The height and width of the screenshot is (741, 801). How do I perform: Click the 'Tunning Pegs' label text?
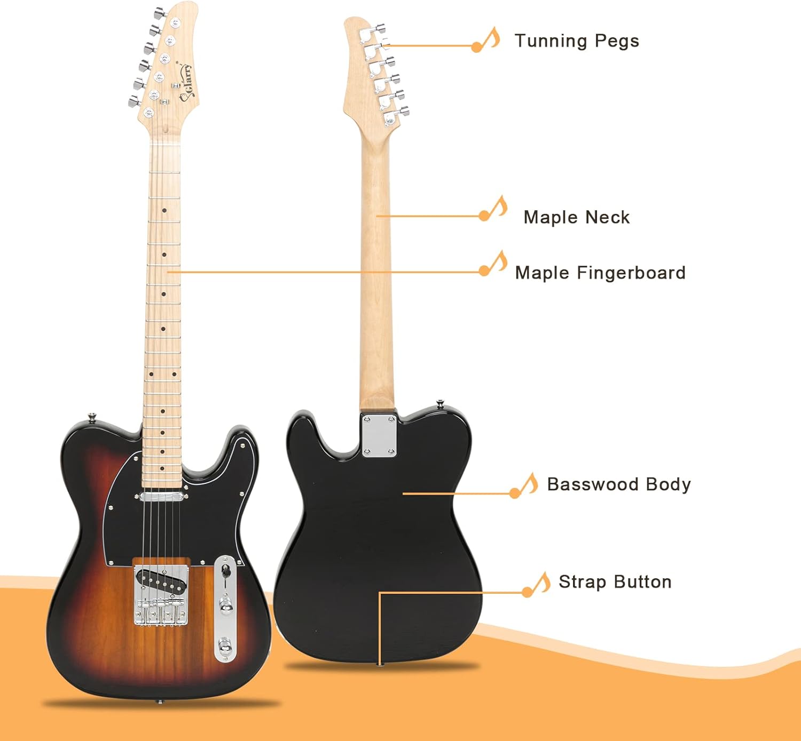(x=576, y=41)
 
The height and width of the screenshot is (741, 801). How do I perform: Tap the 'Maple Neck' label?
(x=576, y=217)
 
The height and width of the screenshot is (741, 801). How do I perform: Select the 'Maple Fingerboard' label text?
(x=600, y=273)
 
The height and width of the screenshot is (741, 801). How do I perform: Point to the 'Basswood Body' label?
(x=618, y=484)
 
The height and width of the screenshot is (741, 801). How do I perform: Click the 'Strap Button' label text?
(x=615, y=581)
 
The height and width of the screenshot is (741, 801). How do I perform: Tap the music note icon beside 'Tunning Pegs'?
(x=487, y=40)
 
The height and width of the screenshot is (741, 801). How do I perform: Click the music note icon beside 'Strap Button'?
(x=537, y=584)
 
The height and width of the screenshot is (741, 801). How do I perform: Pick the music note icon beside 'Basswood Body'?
(x=524, y=485)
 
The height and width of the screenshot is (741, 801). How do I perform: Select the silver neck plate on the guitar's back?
(x=379, y=435)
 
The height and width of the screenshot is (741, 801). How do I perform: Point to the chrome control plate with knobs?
(x=225, y=608)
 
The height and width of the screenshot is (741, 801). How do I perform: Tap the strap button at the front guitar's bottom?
(x=158, y=701)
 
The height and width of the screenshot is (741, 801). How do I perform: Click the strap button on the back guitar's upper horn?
(x=440, y=404)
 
